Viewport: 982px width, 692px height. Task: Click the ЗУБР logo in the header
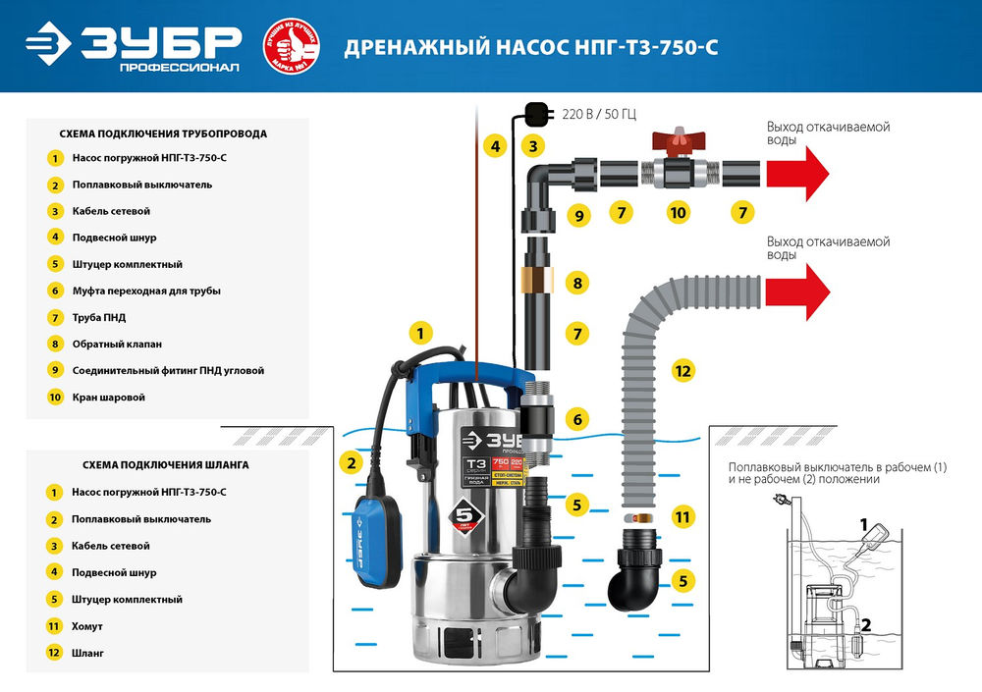point(133,45)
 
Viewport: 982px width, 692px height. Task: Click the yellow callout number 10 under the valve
point(677,211)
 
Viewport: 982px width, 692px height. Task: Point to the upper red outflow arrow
point(797,174)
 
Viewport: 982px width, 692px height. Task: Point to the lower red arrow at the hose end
point(797,292)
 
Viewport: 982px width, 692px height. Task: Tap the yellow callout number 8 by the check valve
point(577,284)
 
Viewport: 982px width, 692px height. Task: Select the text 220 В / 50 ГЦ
point(599,114)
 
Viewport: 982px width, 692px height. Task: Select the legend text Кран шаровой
point(108,398)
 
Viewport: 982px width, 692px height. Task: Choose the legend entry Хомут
point(87,625)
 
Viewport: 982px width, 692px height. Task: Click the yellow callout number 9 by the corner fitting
point(578,215)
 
